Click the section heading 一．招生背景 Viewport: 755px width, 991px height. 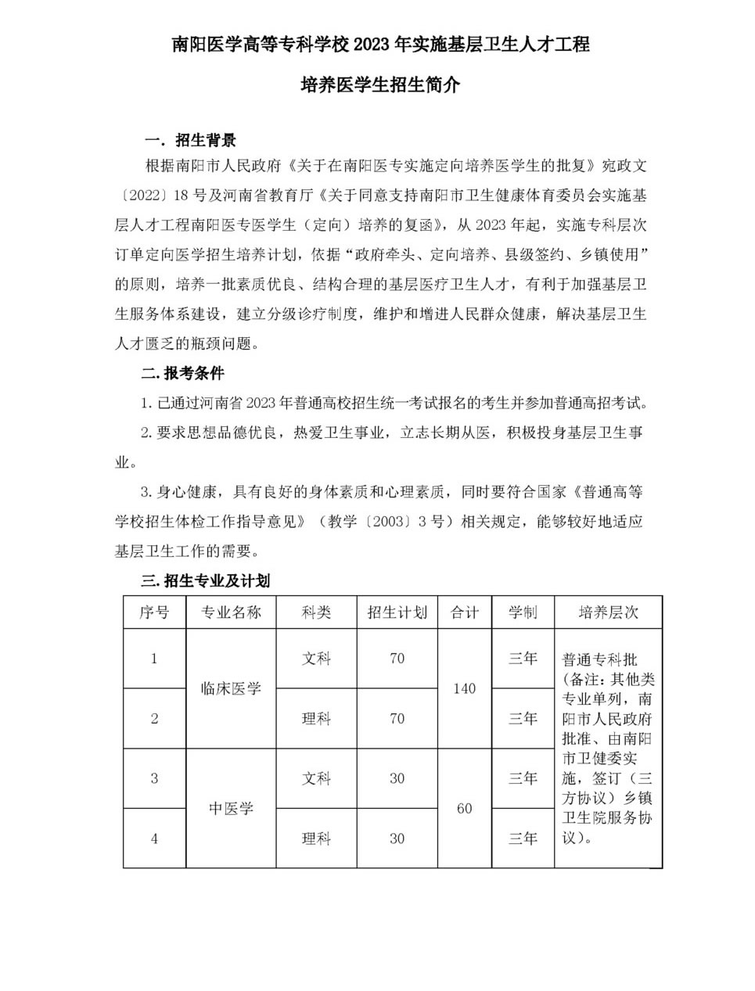click(x=190, y=141)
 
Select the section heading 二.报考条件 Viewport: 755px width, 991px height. click(x=182, y=373)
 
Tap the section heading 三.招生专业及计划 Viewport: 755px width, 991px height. click(x=205, y=581)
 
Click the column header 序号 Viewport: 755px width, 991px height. click(x=154, y=612)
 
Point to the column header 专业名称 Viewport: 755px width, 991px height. click(x=231, y=612)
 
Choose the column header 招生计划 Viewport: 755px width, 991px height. click(x=397, y=612)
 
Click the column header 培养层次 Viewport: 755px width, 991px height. click(x=608, y=612)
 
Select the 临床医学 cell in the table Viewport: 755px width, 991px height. click(x=231, y=689)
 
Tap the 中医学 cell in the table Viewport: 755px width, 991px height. click(x=231, y=809)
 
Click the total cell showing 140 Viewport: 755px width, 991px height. click(x=464, y=689)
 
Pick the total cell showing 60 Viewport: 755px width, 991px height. click(x=464, y=809)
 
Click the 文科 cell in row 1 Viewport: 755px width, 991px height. click(x=316, y=659)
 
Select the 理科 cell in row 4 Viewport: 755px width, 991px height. click(x=316, y=838)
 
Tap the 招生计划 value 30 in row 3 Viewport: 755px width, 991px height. click(x=397, y=779)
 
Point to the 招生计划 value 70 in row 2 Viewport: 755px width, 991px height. click(x=397, y=719)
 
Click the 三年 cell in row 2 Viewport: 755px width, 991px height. click(x=523, y=719)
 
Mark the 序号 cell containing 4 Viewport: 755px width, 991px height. click(x=154, y=838)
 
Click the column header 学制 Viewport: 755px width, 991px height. click(x=523, y=612)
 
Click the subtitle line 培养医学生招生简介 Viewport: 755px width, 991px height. click(x=380, y=85)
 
